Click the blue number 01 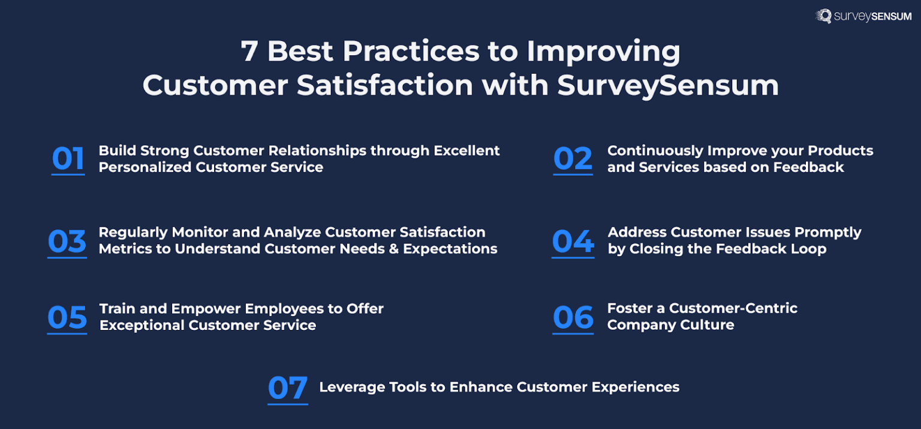(x=68, y=159)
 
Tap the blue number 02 (x=573, y=159)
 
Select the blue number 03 (x=67, y=241)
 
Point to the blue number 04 (x=573, y=241)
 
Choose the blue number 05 (x=67, y=317)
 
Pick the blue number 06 (x=573, y=317)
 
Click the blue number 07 (x=288, y=388)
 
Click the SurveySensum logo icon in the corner (x=823, y=16)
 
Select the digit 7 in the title (x=249, y=52)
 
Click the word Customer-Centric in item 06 (x=733, y=308)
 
